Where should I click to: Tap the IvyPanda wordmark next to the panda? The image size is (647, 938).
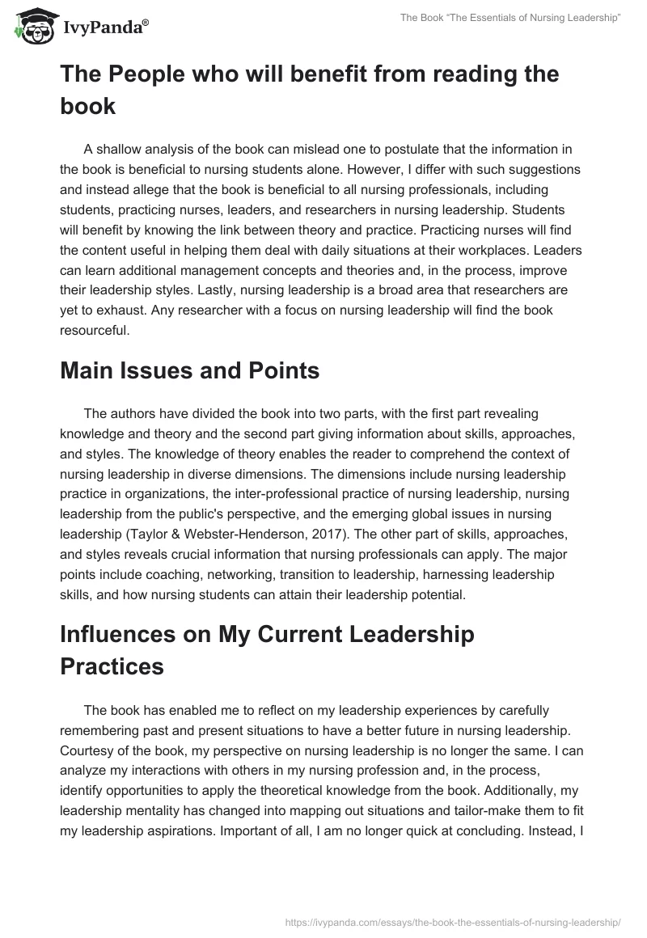point(104,28)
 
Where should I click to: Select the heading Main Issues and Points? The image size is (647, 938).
point(189,371)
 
